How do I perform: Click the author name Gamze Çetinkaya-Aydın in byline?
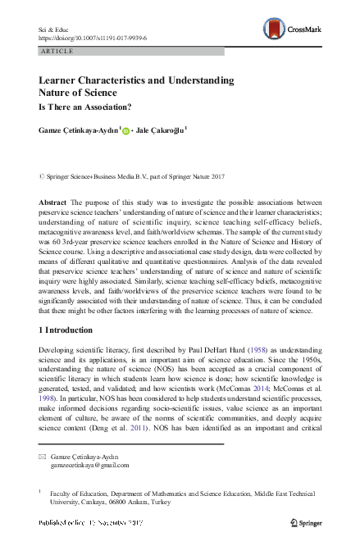tap(78, 129)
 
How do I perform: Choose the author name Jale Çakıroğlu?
tap(162, 129)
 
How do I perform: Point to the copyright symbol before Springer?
tap(42, 176)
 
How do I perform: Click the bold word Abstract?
tap(53, 202)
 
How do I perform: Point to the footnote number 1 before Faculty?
tap(40, 492)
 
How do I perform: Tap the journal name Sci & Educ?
tap(54, 28)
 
